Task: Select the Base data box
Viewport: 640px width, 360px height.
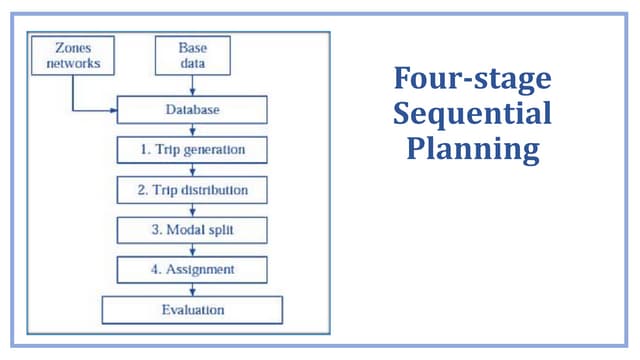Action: click(192, 56)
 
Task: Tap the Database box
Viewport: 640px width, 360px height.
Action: click(192, 109)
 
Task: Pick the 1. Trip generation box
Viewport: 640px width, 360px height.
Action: click(192, 150)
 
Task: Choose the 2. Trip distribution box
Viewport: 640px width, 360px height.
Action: click(192, 190)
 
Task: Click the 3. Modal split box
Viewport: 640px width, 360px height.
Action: click(192, 230)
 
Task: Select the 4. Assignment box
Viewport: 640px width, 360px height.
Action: click(192, 270)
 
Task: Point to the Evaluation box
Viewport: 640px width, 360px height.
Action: click(192, 310)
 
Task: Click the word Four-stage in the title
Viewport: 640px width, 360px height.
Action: click(472, 79)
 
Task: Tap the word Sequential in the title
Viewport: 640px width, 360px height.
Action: click(472, 113)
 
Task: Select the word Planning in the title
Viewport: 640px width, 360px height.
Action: click(472, 149)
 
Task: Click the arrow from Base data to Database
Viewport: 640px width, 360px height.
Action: click(192, 86)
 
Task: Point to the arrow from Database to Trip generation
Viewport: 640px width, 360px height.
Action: click(192, 130)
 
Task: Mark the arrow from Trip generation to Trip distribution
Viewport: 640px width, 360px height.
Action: click(192, 170)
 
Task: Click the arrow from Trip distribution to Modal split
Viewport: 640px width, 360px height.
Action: click(192, 210)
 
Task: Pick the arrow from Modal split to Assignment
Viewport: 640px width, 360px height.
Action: click(192, 250)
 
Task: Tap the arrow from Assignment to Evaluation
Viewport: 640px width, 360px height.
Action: click(192, 290)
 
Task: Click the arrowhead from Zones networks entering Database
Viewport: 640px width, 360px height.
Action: click(113, 108)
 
